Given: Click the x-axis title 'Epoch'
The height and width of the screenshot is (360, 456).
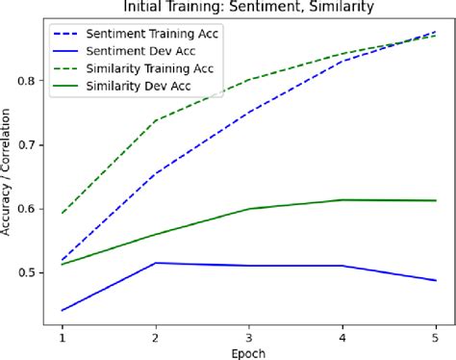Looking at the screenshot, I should click(248, 351).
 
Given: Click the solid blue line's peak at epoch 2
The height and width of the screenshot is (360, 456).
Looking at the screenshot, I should click(156, 263).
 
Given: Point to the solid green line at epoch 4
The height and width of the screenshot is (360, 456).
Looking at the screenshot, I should click(342, 199).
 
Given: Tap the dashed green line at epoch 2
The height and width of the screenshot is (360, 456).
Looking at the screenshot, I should click(156, 120).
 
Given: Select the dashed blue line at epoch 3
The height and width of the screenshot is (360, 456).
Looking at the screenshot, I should click(249, 112).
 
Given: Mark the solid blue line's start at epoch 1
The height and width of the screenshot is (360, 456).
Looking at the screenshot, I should click(63, 310).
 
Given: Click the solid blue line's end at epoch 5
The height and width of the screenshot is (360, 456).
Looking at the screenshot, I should click(436, 280).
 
